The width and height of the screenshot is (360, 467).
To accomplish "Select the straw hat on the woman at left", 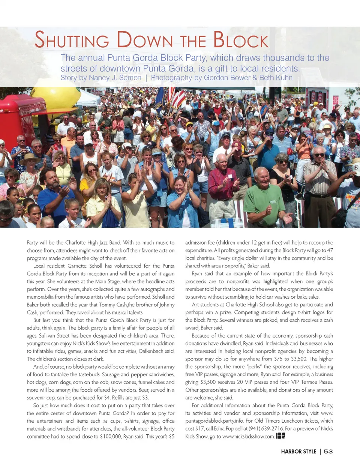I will pos(29,159).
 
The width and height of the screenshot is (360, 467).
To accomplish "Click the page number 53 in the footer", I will pos(328,452).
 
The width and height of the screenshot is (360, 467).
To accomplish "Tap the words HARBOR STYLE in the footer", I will pos(298,452).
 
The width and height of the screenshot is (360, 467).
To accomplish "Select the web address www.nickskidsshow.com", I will pos(248,437).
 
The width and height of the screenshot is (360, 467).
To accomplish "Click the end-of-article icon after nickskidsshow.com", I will pos(280,436).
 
